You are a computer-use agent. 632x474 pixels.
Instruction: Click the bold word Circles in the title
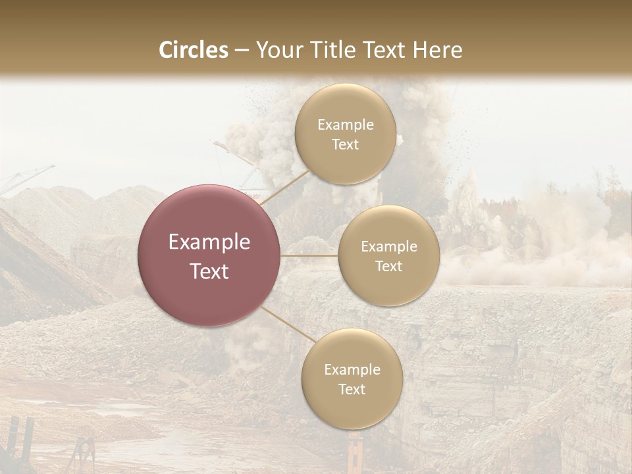tap(194, 50)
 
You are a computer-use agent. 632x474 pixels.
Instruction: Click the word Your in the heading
tap(276, 50)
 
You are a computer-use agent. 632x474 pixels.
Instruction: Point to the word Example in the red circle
tap(209, 242)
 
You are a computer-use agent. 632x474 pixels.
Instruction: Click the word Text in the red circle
tap(209, 271)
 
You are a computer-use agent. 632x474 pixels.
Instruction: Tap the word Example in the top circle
tap(346, 125)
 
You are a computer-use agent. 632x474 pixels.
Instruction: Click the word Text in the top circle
tap(346, 144)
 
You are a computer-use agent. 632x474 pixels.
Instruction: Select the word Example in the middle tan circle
tap(389, 247)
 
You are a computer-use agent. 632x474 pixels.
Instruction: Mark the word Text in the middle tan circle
tap(389, 266)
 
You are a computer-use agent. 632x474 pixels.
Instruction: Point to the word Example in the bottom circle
tap(352, 370)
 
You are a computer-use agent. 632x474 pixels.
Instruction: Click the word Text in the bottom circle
tap(352, 389)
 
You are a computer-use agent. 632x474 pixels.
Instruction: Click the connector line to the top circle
tap(285, 187)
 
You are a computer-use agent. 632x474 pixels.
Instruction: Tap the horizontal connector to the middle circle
tap(309, 255)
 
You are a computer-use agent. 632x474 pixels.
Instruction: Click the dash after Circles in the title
tap(242, 50)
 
